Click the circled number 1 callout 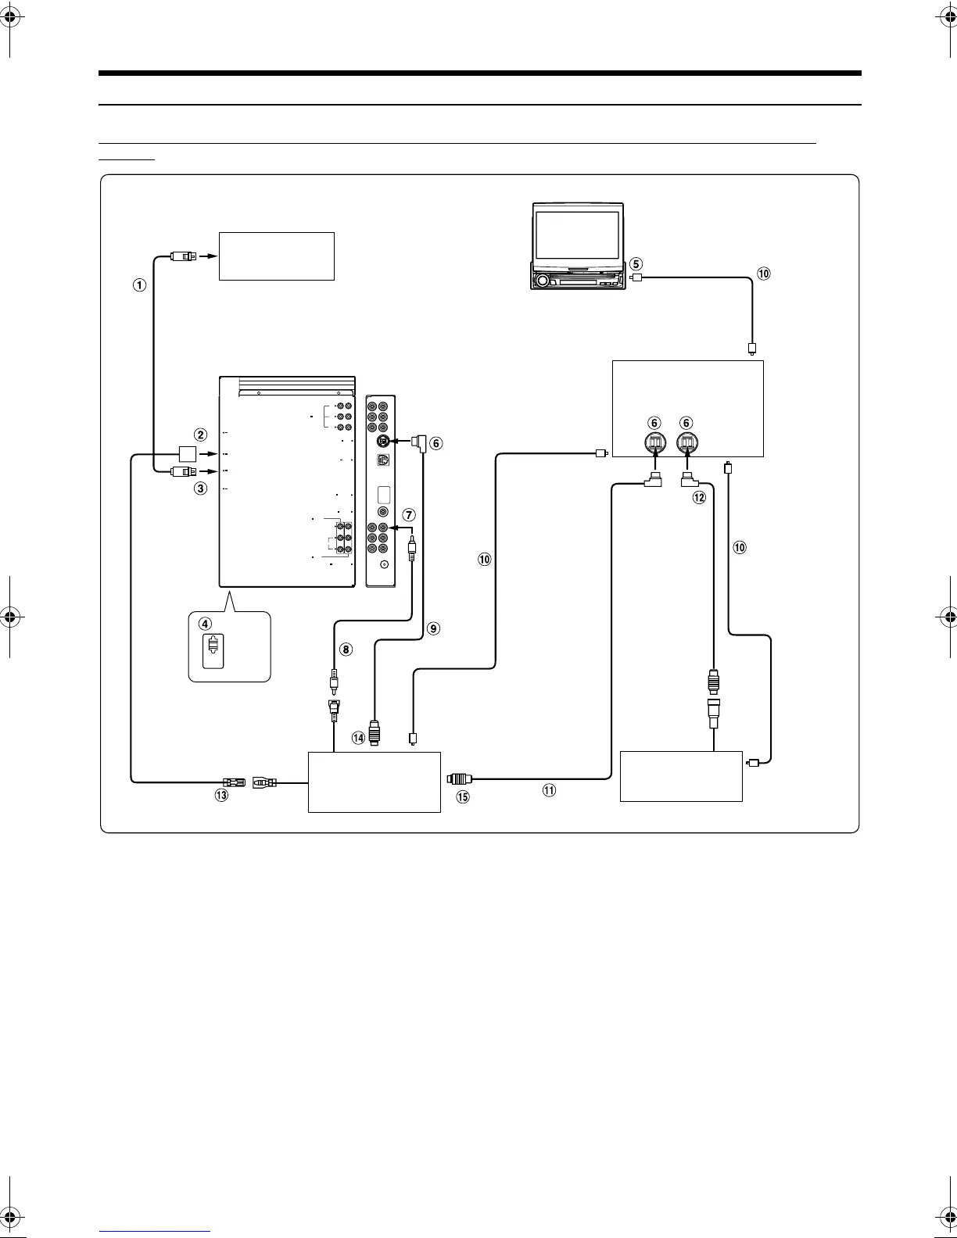tap(140, 284)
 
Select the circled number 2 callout tap(201, 435)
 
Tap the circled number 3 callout tap(201, 488)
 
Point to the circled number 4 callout tap(205, 624)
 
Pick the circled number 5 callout tap(636, 264)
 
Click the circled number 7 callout tap(409, 514)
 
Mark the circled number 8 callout tap(346, 649)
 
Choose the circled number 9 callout tap(433, 628)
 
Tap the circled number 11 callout tap(549, 790)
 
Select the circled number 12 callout tap(699, 497)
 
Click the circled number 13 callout tap(221, 795)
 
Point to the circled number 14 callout tap(358, 739)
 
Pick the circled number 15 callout tap(463, 797)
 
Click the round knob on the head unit tap(542, 281)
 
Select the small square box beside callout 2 tap(188, 454)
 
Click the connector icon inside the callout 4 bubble tap(213, 650)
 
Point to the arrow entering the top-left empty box tap(212, 256)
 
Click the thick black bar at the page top tap(480, 73)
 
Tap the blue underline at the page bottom tap(155, 1231)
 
